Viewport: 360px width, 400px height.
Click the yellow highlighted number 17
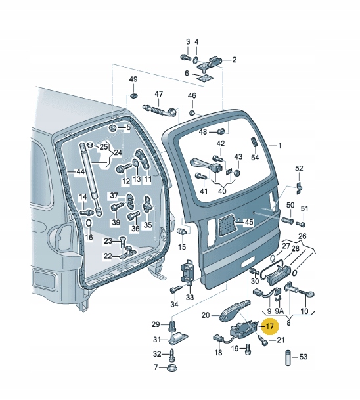[x=270, y=326]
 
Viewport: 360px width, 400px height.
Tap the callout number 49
[x=133, y=79]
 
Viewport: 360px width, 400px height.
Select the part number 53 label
[x=303, y=357]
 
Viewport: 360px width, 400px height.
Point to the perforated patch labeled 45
[x=227, y=225]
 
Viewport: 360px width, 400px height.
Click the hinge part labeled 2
[x=212, y=63]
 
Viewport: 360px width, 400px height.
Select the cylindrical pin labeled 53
[x=288, y=358]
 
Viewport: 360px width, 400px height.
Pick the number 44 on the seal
[x=80, y=171]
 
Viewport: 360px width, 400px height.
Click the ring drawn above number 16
[x=89, y=223]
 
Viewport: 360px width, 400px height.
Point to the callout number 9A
[x=279, y=311]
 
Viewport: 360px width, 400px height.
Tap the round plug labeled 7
[x=171, y=368]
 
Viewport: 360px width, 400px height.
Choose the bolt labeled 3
[x=185, y=57]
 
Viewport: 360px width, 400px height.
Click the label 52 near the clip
[x=299, y=168]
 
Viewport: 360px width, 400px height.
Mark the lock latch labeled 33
[x=187, y=272]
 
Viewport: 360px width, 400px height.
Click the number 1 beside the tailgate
[x=280, y=146]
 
